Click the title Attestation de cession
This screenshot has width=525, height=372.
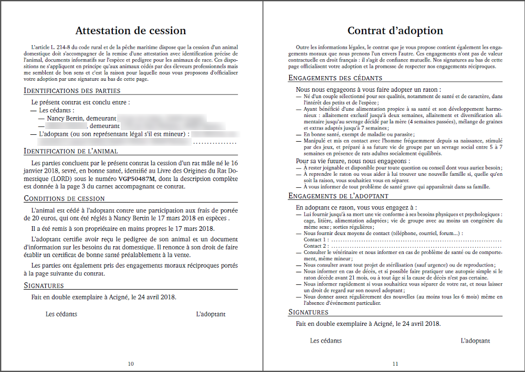click(x=130, y=30)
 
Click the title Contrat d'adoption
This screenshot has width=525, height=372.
click(x=395, y=30)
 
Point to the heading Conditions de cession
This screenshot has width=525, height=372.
click(x=64, y=198)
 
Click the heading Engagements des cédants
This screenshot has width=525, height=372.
click(x=335, y=78)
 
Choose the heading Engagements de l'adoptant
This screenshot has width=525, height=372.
click(x=339, y=196)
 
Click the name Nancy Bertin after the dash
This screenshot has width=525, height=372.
click(x=66, y=119)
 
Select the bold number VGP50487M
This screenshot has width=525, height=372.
click(x=137, y=179)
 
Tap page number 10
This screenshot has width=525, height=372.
click(x=131, y=364)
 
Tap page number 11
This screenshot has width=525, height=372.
click(x=395, y=364)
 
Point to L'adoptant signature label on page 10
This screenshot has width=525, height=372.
click(x=211, y=314)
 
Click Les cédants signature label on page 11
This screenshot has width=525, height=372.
click(x=325, y=341)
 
